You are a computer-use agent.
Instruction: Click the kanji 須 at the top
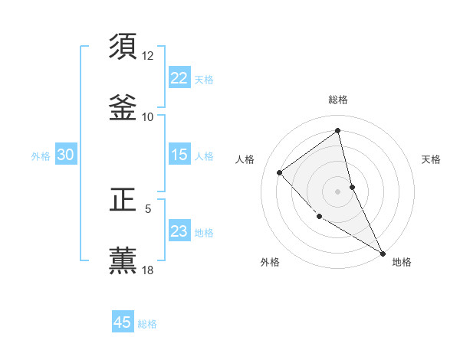click(x=123, y=46)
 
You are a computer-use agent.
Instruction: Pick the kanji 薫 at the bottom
click(x=123, y=260)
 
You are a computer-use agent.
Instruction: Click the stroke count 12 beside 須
click(x=148, y=56)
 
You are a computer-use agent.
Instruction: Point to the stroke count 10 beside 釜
click(x=148, y=116)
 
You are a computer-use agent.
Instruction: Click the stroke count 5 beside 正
click(x=148, y=208)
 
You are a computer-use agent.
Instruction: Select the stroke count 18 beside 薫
click(x=148, y=270)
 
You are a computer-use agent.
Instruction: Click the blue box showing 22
click(x=179, y=78)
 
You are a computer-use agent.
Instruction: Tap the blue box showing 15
click(x=179, y=155)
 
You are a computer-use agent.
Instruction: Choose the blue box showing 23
click(x=179, y=231)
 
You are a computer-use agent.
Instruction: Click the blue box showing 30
click(x=65, y=155)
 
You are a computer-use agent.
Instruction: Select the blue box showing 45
click(x=123, y=322)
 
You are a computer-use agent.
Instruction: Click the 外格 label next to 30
click(x=41, y=156)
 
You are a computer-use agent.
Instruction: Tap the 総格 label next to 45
click(x=147, y=324)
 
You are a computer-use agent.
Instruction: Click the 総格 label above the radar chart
click(x=338, y=100)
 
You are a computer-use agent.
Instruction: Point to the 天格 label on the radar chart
click(x=432, y=159)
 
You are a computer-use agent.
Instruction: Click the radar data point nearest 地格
click(x=383, y=253)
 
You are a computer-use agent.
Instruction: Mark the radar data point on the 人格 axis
click(x=280, y=172)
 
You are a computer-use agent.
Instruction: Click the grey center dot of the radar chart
click(x=338, y=191)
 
